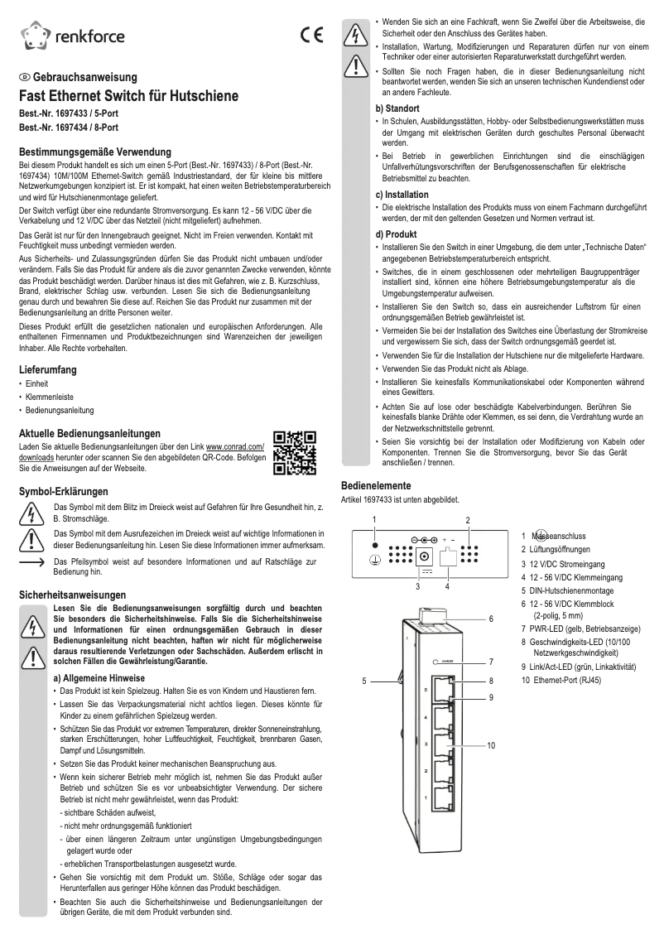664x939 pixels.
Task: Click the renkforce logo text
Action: point(91,36)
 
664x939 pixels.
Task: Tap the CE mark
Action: point(312,36)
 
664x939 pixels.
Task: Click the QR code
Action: point(295,453)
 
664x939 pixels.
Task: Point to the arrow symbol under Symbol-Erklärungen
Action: point(31,562)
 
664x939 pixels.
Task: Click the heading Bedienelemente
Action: point(378,485)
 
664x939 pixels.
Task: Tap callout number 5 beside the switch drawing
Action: point(364,681)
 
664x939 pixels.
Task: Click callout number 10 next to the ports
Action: point(491,746)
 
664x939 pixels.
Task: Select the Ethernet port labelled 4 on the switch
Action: point(440,717)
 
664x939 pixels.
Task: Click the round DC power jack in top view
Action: point(426,556)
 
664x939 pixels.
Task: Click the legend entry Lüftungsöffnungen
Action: point(560,550)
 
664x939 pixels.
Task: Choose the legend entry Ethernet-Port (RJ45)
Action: point(567,680)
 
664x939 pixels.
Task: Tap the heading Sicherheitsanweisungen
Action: point(73,595)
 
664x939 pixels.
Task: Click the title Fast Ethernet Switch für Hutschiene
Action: point(128,96)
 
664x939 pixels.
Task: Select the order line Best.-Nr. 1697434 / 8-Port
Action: point(69,128)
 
